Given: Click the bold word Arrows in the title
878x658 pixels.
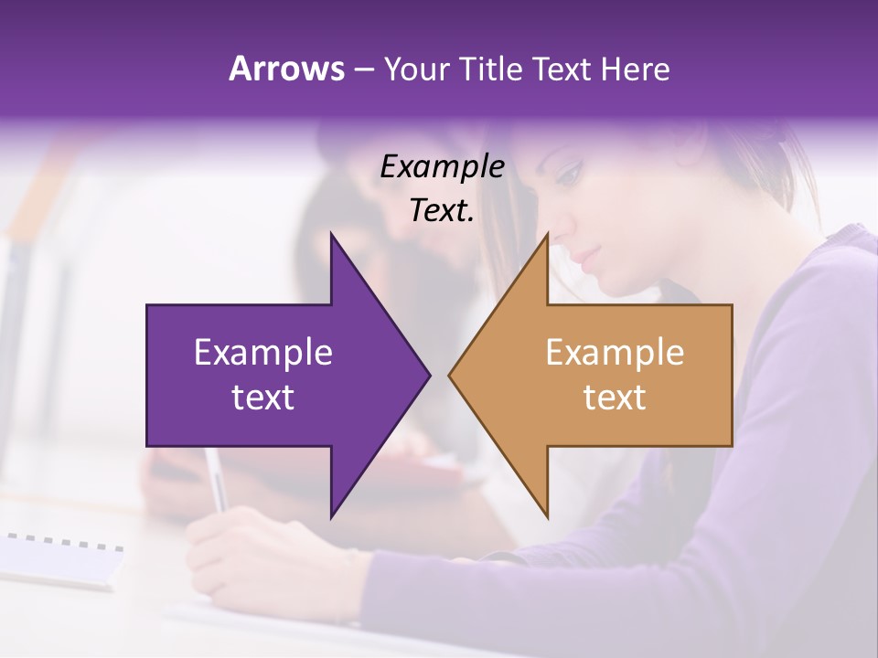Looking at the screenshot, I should [286, 69].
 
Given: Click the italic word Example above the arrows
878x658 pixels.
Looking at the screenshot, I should [443, 167].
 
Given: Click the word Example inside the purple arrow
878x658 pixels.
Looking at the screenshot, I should [263, 353].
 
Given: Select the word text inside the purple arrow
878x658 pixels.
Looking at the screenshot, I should [263, 397].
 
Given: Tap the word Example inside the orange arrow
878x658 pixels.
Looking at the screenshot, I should [615, 353].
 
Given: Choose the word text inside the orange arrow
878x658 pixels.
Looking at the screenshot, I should [615, 397].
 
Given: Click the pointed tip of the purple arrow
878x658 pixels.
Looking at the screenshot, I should [428, 375].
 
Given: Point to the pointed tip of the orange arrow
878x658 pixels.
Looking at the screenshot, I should [451, 375].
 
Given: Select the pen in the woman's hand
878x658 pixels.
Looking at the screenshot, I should [217, 480].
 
